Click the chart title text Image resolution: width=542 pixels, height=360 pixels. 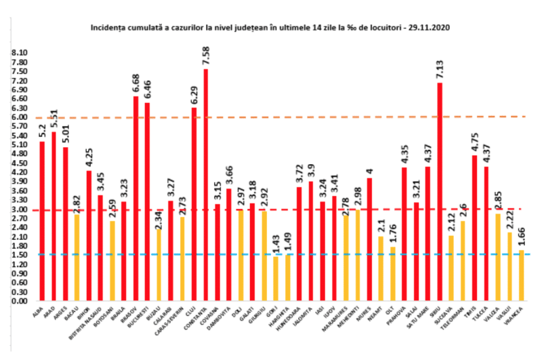pos(270,28)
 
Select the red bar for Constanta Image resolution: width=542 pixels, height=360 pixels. pos(205,183)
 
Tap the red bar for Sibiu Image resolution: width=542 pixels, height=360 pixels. pos(440,190)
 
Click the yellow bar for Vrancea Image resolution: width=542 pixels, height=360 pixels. pos(522,275)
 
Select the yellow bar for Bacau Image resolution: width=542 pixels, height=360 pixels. pos(77,258)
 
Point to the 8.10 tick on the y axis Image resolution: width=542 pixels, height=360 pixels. pos(19,52)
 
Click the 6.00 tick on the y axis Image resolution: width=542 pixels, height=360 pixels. pos(19,117)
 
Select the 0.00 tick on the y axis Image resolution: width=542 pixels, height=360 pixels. pos(19,301)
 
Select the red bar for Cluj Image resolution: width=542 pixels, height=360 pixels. pos(194,203)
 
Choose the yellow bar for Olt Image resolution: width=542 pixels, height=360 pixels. pos(392,274)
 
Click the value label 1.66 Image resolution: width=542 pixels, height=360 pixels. pos(522,239)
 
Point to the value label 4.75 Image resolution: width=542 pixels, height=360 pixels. pos(474,144)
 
